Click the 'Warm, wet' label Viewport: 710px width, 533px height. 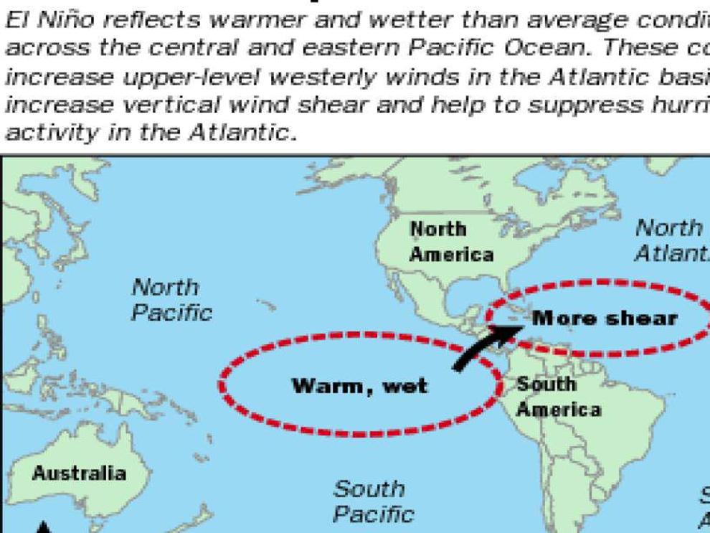(359, 386)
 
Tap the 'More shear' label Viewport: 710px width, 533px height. (605, 318)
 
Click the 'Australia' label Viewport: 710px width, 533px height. (79, 473)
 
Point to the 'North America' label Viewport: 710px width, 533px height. (452, 242)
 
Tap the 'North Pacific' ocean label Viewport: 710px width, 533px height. (171, 300)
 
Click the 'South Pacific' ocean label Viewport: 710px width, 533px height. (373, 501)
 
